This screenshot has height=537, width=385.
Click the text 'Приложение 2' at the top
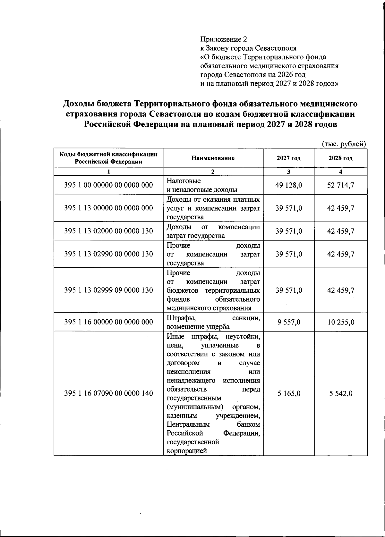click(224, 39)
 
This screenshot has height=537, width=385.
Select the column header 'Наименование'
click(213, 158)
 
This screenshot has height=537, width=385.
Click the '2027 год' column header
click(289, 158)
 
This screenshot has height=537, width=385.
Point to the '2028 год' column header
click(341, 158)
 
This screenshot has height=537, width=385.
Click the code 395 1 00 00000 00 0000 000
click(108, 185)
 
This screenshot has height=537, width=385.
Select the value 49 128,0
click(289, 185)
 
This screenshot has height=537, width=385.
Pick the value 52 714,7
click(341, 185)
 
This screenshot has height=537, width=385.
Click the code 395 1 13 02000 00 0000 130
click(108, 231)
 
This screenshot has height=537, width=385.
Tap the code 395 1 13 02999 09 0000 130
click(108, 290)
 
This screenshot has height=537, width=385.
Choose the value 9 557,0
click(289, 322)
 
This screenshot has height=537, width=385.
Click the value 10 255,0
click(341, 322)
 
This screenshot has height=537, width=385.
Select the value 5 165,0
click(289, 393)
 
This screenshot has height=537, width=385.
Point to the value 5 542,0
click(341, 393)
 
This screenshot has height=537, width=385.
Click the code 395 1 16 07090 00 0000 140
click(108, 393)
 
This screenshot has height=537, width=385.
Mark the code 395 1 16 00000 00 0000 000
click(108, 322)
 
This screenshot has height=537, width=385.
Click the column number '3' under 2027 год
click(289, 172)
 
